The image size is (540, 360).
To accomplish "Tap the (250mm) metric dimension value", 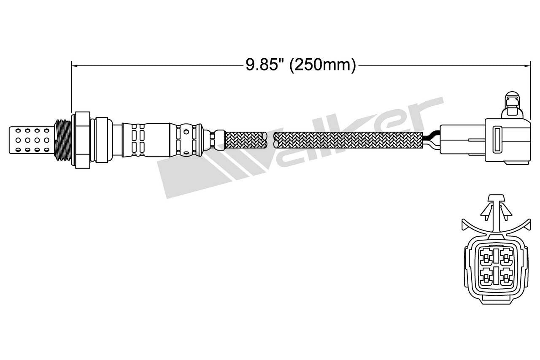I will click(323, 65).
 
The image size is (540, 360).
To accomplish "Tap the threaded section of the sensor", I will click(63, 140).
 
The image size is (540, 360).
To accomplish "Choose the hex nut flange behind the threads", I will click(83, 140).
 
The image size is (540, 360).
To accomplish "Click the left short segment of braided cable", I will click(246, 140).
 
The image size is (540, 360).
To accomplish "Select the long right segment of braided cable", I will click(348, 140).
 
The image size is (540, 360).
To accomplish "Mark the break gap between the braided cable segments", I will click(270, 140).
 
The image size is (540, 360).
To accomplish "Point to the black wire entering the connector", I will click(431, 137).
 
